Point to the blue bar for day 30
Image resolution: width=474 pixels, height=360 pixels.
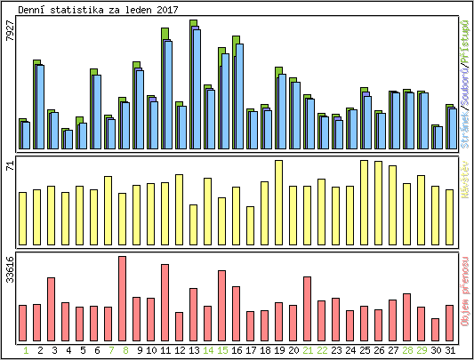pos(438,139)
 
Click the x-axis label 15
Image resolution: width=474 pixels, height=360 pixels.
pos(222,351)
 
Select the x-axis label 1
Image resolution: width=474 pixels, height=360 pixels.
pos(26,351)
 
